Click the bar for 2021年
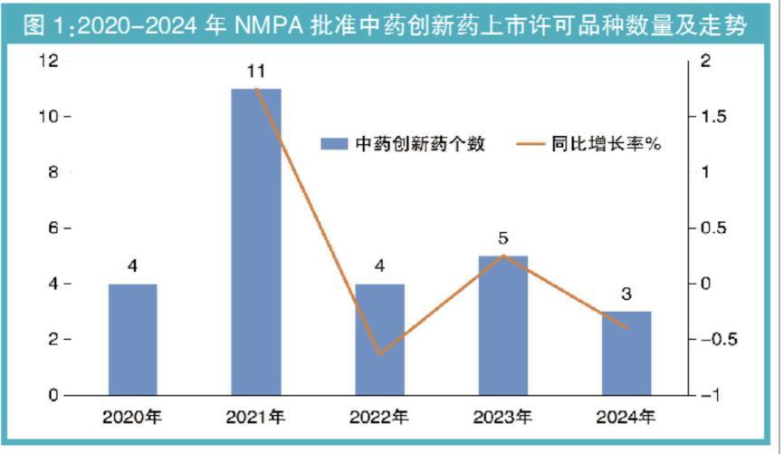tap(256, 241)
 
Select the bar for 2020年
tap(133, 340)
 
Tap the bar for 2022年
tap(379, 340)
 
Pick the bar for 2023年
tap(502, 325)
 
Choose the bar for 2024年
tap(626, 353)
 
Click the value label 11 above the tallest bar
tap(256, 70)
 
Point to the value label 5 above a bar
tap(502, 239)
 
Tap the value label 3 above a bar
tap(626, 295)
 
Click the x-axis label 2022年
tap(379, 418)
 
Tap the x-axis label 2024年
tap(626, 418)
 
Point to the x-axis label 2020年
tap(133, 418)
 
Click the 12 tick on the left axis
tap(47, 61)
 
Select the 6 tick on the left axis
tap(53, 228)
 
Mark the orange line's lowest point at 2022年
tap(379, 354)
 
